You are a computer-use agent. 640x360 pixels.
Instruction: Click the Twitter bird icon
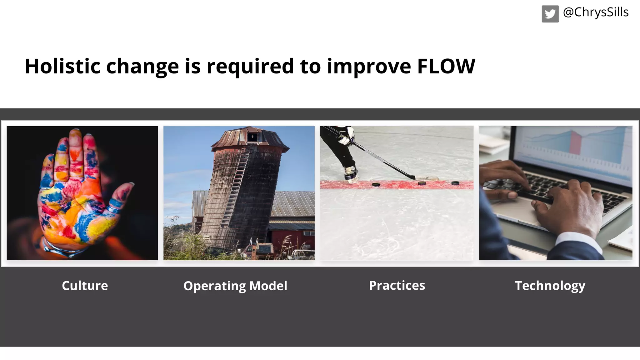click(x=550, y=14)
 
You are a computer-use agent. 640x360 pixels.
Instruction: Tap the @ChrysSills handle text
click(x=596, y=12)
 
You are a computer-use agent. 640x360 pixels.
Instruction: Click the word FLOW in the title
click(x=446, y=66)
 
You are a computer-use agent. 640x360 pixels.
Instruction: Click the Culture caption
click(x=85, y=286)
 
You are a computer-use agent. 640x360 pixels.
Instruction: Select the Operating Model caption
click(x=235, y=286)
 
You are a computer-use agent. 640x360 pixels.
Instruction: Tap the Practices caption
click(x=397, y=285)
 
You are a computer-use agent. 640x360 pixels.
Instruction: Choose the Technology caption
click(x=550, y=286)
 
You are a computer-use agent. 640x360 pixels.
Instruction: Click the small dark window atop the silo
click(x=252, y=137)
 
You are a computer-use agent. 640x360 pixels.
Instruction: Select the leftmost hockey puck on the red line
click(x=376, y=184)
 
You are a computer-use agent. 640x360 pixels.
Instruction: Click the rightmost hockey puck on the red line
click(x=455, y=183)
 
